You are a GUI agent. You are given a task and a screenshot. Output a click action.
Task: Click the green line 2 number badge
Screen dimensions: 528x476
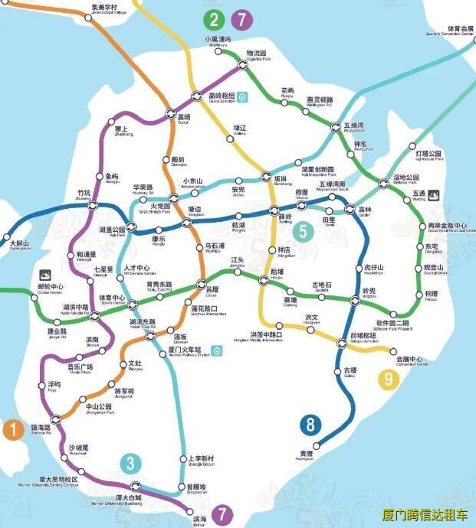213,21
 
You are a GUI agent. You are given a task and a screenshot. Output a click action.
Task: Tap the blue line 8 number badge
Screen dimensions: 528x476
310,425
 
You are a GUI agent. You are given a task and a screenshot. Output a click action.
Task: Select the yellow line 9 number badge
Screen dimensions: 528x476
389,377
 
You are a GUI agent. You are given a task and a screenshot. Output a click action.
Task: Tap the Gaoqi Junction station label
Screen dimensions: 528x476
221,97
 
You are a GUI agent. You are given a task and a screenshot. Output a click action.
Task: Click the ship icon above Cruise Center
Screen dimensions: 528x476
44,273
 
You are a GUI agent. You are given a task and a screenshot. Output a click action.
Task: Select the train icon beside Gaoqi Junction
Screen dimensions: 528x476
242,96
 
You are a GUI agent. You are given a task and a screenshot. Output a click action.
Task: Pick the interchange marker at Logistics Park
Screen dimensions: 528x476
242,66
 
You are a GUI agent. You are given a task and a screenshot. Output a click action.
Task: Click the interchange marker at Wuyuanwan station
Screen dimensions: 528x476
336,127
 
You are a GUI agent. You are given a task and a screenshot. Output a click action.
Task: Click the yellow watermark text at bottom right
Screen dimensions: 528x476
425,516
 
